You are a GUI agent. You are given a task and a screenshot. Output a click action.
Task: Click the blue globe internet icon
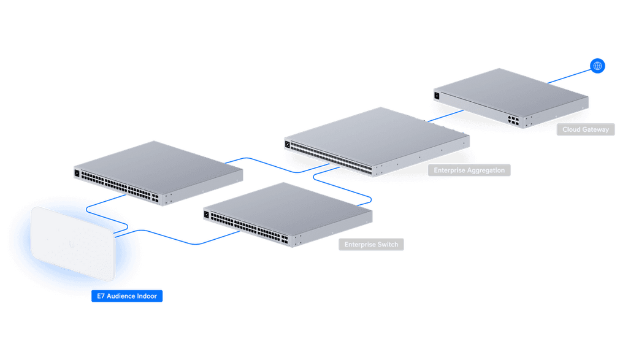click(597, 66)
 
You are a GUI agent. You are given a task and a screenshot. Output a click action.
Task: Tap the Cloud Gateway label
click(586, 129)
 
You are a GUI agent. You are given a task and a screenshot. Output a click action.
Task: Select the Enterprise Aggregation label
click(469, 170)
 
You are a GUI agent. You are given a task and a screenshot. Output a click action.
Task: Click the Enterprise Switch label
click(371, 244)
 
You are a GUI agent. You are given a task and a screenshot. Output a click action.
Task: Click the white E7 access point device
click(73, 243)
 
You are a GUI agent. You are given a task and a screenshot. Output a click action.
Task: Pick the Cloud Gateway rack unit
click(511, 98)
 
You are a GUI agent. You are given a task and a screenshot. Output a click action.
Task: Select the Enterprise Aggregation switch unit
click(377, 141)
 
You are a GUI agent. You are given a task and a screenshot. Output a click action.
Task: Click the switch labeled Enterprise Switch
click(288, 215)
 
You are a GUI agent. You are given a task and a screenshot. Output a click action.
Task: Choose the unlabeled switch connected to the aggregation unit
click(159, 173)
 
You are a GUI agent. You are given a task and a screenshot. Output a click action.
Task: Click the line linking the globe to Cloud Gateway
click(569, 76)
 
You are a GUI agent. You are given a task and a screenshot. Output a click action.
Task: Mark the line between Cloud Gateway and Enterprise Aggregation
click(446, 115)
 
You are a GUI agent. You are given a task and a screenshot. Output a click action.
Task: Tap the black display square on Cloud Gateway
click(437, 96)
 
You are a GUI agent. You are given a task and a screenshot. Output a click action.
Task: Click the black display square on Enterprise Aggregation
click(287, 144)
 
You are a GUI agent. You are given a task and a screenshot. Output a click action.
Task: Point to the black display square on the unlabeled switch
click(77, 173)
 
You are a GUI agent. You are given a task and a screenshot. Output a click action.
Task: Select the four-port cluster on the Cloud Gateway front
click(513, 120)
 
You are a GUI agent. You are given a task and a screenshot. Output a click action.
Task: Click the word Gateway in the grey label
click(595, 129)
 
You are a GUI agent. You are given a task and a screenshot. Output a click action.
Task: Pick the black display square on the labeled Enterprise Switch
click(206, 215)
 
